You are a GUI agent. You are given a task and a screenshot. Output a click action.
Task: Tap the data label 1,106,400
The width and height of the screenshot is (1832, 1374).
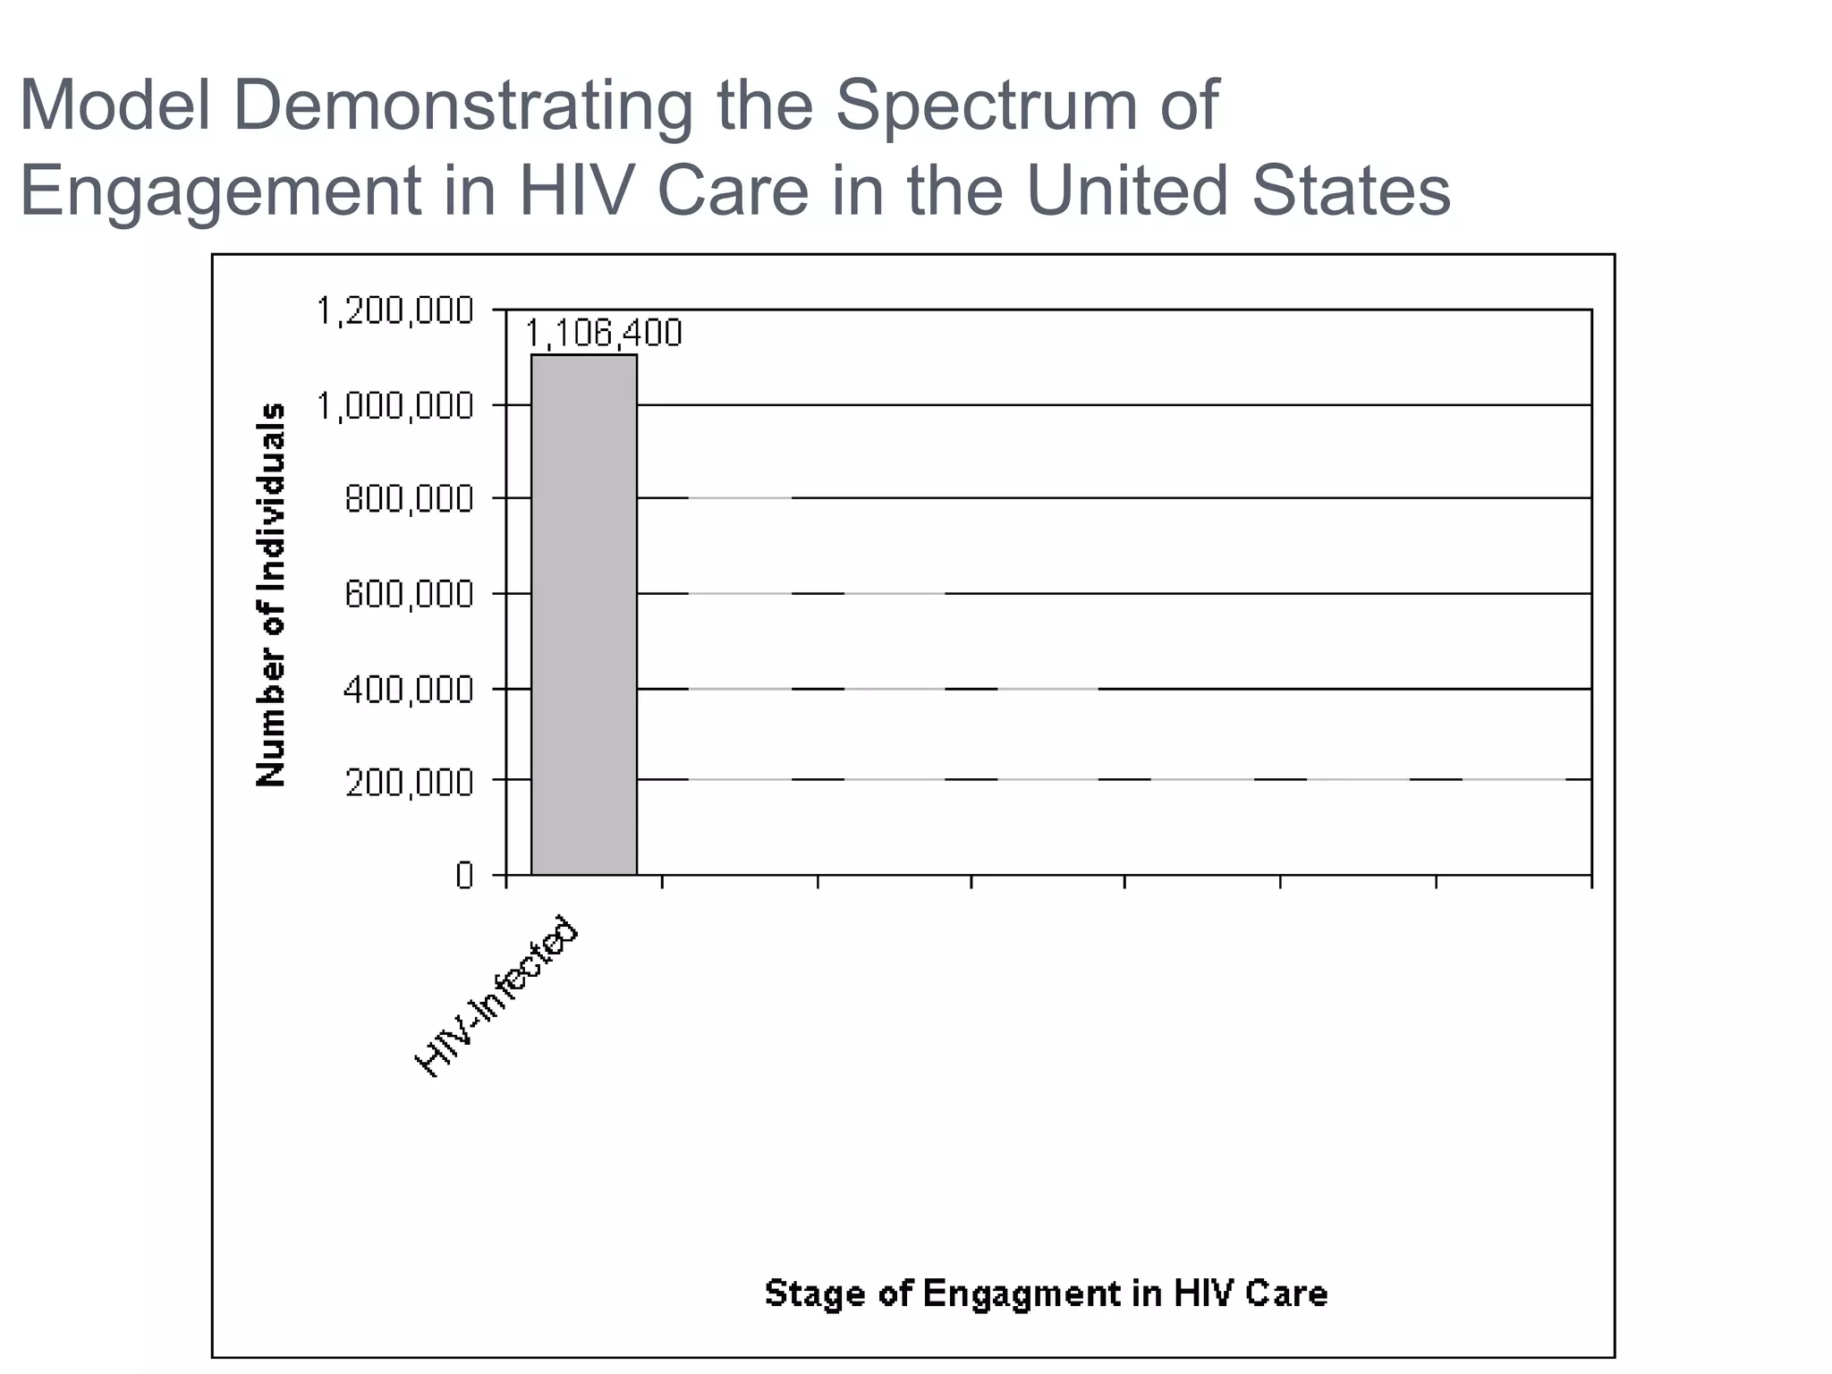[x=603, y=334]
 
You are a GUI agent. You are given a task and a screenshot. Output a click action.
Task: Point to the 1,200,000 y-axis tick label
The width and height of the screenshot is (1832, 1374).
[x=394, y=311]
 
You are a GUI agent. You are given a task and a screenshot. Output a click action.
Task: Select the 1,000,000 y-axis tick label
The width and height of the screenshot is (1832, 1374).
[x=394, y=406]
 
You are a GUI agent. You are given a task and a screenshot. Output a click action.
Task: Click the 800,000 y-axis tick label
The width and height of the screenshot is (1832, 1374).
[x=409, y=499]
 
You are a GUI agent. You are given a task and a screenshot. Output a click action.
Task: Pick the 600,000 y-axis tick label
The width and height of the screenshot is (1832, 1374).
[x=409, y=594]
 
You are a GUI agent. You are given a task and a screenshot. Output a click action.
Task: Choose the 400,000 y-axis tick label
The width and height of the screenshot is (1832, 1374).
[x=409, y=690]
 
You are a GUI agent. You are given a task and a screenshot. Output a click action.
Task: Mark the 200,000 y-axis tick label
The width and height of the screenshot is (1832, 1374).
[x=409, y=783]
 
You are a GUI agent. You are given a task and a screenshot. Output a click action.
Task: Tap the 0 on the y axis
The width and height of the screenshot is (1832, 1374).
[x=463, y=876]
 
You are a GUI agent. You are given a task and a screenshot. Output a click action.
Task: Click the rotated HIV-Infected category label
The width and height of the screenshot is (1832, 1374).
[x=497, y=996]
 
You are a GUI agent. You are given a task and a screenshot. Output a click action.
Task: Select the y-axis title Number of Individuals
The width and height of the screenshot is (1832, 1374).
[x=271, y=595]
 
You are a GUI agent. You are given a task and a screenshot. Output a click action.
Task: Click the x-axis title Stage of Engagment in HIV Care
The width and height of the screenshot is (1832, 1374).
[x=1046, y=1293]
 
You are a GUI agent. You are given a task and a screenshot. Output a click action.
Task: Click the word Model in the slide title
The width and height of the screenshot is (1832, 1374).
[x=115, y=106]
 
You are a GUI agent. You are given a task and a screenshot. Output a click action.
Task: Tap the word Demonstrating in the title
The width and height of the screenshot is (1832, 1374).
[x=462, y=106]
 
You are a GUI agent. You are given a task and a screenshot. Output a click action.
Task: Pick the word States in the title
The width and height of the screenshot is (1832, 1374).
[x=1350, y=191]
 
